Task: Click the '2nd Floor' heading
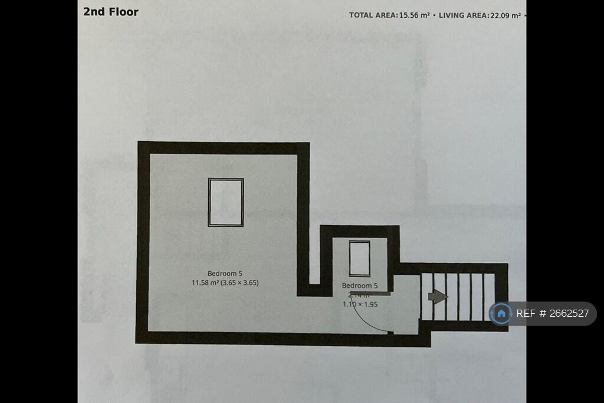(111, 11)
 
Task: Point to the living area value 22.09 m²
(505, 15)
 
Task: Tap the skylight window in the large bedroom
(226, 202)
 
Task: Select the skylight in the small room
(359, 258)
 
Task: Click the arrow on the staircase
(437, 297)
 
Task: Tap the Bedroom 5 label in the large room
(225, 273)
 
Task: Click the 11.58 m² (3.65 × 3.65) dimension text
(225, 282)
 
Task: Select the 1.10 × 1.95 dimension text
(360, 304)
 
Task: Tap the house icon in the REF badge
(501, 313)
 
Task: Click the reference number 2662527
(569, 314)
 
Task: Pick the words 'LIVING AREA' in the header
(462, 15)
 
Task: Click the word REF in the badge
(526, 314)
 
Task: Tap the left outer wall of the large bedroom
(143, 242)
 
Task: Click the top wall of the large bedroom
(224, 148)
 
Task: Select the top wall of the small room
(360, 231)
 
